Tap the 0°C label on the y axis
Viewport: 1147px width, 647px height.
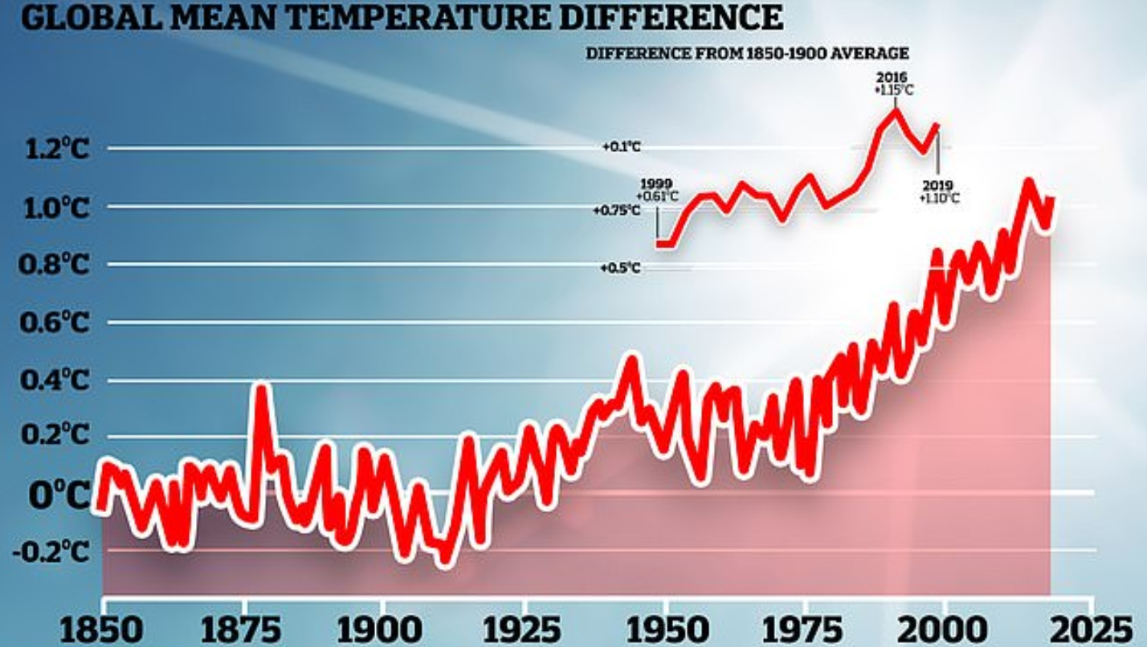pos(59,496)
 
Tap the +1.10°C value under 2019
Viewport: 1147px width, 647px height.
pos(939,198)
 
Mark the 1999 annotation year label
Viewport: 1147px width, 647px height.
pos(656,184)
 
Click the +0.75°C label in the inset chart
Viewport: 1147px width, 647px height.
pos(617,211)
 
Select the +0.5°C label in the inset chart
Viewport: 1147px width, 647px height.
pos(620,268)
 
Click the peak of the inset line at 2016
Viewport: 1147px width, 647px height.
pos(895,109)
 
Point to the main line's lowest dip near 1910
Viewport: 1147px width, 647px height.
pos(443,560)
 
